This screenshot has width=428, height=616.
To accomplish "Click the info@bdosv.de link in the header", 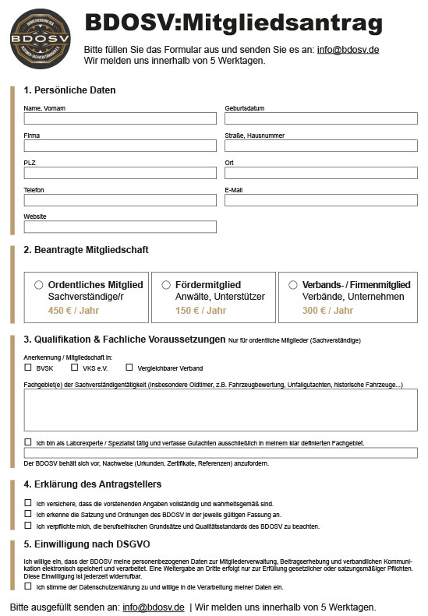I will [x=348, y=50].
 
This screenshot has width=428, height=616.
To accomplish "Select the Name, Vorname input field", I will [x=120, y=118].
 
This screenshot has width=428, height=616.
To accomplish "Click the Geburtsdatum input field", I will [x=320, y=118].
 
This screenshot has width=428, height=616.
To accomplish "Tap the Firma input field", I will [x=120, y=146].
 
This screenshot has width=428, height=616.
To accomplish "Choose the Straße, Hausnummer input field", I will [x=320, y=146].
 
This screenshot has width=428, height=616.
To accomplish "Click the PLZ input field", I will [x=120, y=173].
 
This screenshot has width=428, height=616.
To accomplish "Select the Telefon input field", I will [x=120, y=200].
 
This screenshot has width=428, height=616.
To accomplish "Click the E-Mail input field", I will [x=320, y=200].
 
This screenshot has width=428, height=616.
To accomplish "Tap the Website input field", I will [x=120, y=227].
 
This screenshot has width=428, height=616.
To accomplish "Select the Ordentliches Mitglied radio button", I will [x=39, y=285].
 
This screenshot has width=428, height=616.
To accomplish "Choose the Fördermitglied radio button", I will [x=166, y=285].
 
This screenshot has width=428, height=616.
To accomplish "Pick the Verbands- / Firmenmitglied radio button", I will [x=293, y=285].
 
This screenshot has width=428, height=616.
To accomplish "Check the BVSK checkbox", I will [x=28, y=367].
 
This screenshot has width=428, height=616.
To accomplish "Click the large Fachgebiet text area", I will [x=221, y=410].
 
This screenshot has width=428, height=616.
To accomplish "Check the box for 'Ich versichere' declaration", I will [x=28, y=503].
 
